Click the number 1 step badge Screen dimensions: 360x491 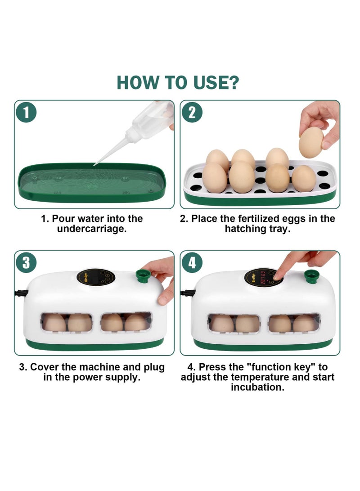[26, 113]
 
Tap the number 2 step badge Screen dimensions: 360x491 [192, 113]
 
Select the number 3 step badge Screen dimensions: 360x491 [26, 262]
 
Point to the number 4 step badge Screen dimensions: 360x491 [192, 262]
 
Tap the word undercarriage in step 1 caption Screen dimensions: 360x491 [91, 229]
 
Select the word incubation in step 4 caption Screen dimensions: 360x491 [258, 387]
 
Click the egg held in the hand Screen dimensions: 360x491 [311, 143]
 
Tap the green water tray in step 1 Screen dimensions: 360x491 [92, 182]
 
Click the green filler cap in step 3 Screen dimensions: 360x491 [143, 276]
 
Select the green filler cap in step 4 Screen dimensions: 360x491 [311, 276]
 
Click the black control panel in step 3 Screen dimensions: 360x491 [96, 277]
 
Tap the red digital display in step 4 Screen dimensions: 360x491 [263, 277]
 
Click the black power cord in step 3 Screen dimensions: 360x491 [21, 293]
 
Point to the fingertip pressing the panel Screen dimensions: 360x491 [277, 276]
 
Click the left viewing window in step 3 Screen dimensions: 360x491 [67, 322]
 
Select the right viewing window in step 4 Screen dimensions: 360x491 [294, 323]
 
